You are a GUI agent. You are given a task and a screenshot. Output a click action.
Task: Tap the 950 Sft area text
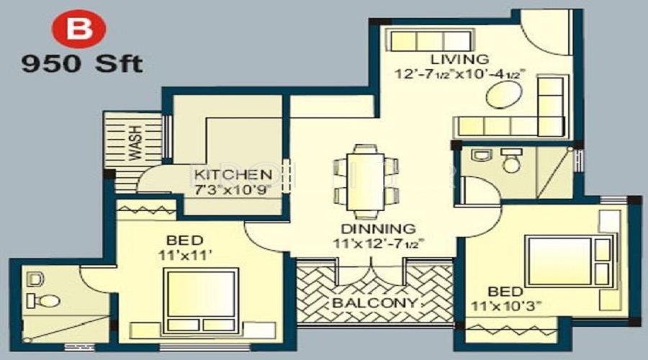click(x=81, y=64)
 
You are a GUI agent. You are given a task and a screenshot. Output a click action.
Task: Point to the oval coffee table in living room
click(x=501, y=96)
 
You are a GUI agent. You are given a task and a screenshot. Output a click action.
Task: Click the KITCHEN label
click(x=233, y=175)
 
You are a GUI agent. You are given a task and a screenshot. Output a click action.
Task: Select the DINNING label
click(x=369, y=229)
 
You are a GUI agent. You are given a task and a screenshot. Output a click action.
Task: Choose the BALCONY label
click(x=374, y=302)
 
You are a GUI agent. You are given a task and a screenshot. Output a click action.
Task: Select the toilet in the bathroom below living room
click(x=511, y=162)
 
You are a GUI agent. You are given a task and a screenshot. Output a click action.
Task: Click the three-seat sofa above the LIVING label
click(x=428, y=40)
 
